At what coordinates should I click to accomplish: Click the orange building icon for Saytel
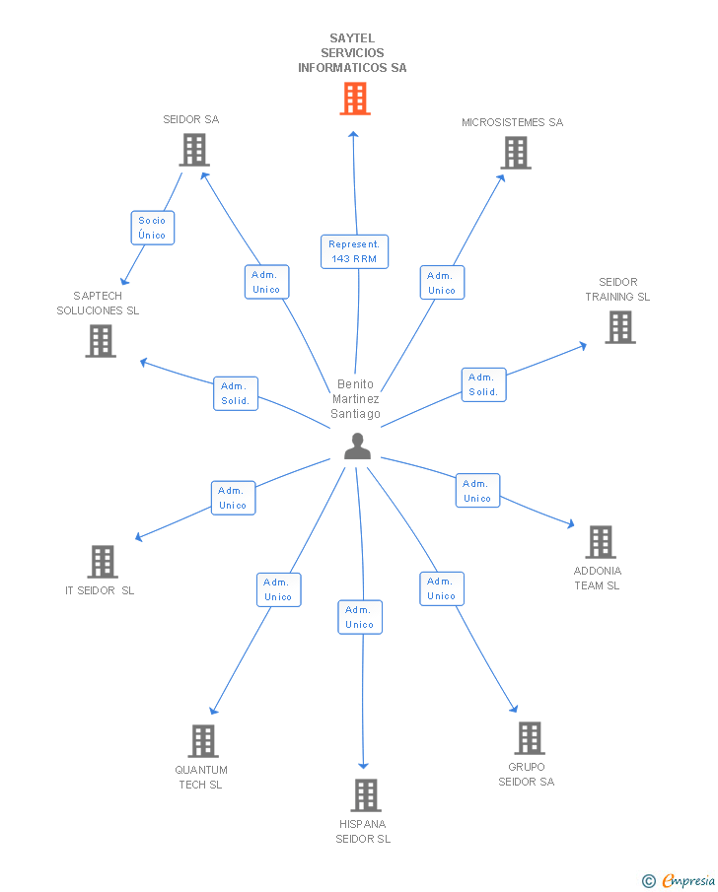355,99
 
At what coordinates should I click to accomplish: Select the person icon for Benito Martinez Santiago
357,446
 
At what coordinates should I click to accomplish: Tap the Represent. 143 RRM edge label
354,251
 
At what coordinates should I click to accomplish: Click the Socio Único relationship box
152,228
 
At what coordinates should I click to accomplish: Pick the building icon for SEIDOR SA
194,150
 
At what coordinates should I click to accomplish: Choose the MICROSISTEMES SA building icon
516,153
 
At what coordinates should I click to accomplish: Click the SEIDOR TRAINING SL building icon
619,327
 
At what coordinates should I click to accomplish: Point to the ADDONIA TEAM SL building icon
600,542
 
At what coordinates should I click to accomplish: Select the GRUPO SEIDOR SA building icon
529,738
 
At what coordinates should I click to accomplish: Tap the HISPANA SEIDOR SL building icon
365,795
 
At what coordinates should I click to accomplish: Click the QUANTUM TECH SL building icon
202,741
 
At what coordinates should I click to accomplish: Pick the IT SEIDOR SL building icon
102,562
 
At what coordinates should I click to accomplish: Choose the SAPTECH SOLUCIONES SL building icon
101,341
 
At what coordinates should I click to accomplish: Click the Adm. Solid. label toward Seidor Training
483,384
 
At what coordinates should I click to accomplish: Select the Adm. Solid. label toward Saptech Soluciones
236,393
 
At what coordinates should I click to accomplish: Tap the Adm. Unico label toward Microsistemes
442,283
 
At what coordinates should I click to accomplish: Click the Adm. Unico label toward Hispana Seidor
360,617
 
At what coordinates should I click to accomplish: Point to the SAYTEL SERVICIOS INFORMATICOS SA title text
352,53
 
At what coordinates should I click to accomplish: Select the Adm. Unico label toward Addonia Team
477,491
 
